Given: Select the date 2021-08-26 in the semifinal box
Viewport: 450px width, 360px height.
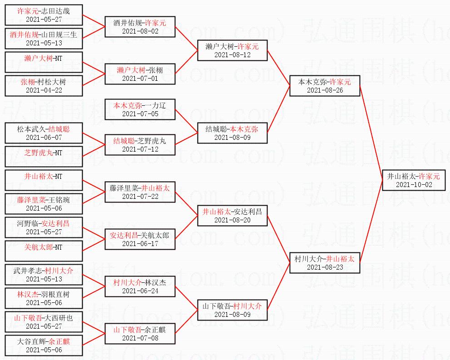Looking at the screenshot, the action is (x=325, y=90).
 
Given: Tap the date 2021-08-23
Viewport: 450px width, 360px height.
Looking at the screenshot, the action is (x=325, y=267).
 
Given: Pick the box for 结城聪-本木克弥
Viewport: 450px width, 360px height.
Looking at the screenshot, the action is (x=232, y=133).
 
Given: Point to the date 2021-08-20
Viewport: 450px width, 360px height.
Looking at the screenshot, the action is (x=232, y=220).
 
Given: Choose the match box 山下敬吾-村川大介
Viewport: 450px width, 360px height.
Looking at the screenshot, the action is (x=232, y=310).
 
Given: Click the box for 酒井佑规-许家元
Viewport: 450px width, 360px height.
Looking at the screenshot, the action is (x=140, y=27).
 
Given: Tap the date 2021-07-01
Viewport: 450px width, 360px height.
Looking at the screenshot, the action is (x=140, y=79).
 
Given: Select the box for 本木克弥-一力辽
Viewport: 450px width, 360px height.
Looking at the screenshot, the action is (x=140, y=109).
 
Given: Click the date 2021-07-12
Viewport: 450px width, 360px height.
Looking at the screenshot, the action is (x=140, y=149).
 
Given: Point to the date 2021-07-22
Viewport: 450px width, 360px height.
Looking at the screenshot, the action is (x=140, y=196).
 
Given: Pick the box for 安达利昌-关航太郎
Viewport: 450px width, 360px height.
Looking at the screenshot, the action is (x=140, y=239).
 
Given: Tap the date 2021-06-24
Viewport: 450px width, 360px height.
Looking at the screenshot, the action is (x=140, y=291).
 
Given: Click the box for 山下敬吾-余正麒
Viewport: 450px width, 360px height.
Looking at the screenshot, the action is (x=140, y=334).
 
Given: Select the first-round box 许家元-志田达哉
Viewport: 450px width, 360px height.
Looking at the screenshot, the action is (x=44, y=15).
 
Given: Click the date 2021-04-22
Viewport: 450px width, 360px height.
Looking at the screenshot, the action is (x=44, y=90).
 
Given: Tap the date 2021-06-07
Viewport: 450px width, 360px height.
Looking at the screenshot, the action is (x=44, y=138).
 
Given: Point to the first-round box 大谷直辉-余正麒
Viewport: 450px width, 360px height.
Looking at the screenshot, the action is (x=44, y=345).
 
